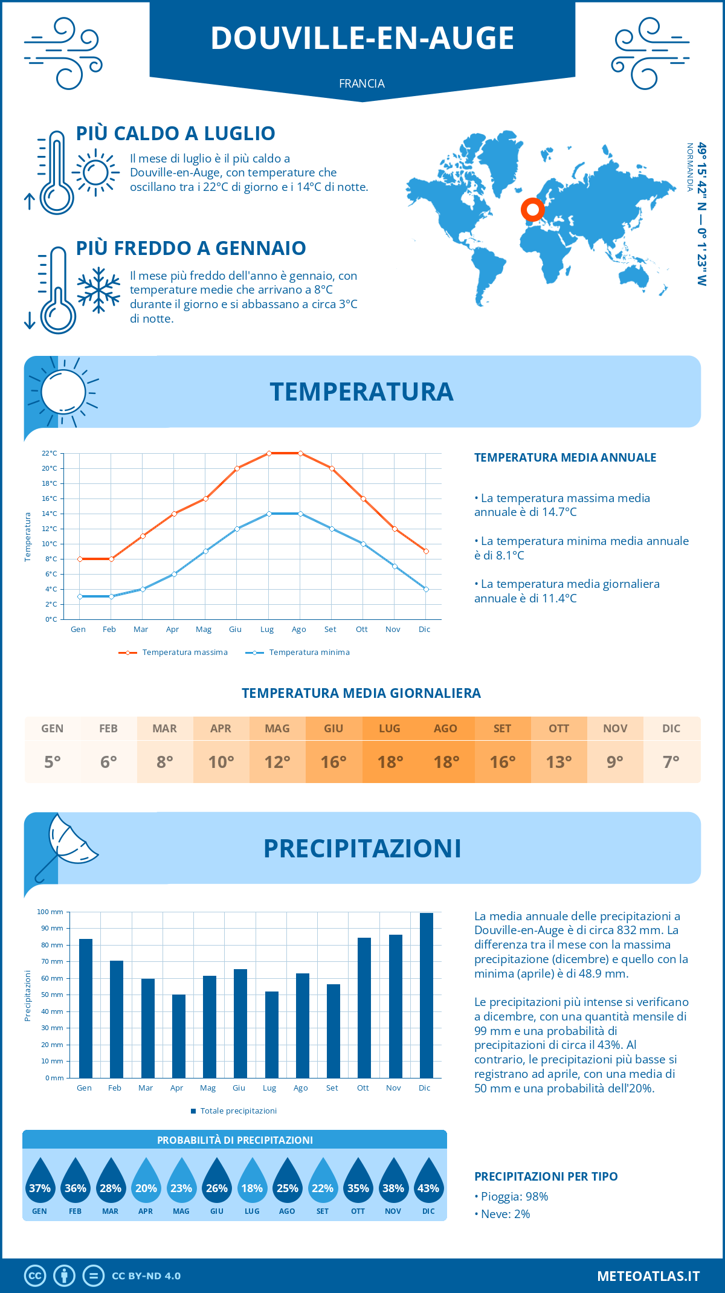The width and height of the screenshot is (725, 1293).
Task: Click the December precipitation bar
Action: pyautogui.click(x=426, y=995)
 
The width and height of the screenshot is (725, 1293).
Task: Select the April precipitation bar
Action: pyautogui.click(x=178, y=1036)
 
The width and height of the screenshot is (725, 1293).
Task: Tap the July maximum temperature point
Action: pyautogui.click(x=269, y=453)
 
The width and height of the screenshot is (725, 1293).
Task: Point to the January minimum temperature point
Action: pyautogui.click(x=80, y=596)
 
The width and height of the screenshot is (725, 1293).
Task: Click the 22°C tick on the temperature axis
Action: pyautogui.click(x=50, y=453)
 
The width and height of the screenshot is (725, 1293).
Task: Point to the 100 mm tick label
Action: pyautogui.click(x=50, y=912)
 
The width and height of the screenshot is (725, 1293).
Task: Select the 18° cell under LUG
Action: pyautogui.click(x=390, y=762)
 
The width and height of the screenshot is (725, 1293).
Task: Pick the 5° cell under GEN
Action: pyautogui.click(x=53, y=762)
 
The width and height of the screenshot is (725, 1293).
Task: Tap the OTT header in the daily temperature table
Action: pyautogui.click(x=559, y=729)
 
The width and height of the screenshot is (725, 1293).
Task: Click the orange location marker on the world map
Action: pyautogui.click(x=532, y=210)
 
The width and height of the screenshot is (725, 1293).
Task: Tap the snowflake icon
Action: pyautogui.click(x=98, y=290)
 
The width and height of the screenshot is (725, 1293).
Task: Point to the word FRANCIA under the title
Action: pyautogui.click(x=362, y=83)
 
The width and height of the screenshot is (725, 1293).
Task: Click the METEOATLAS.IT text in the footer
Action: pyautogui.click(x=648, y=1276)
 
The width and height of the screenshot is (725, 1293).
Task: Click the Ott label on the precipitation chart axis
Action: pyautogui.click(x=362, y=1088)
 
